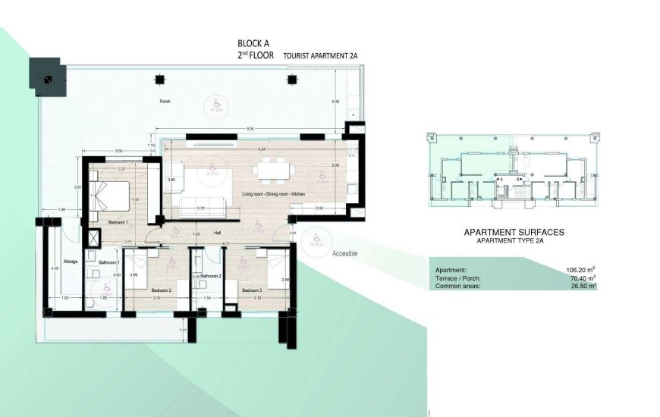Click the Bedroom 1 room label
click(x=117, y=222)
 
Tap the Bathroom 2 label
click(x=210, y=277)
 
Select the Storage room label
click(x=71, y=261)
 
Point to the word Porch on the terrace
click(x=164, y=102)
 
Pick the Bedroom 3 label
click(x=252, y=290)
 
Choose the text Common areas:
click(x=457, y=287)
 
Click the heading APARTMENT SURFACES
click(x=514, y=233)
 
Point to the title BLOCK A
click(x=253, y=44)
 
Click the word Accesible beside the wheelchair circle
click(x=344, y=254)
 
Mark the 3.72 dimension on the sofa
click(x=201, y=207)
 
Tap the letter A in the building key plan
click(x=501, y=179)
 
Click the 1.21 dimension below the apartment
click(x=182, y=330)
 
